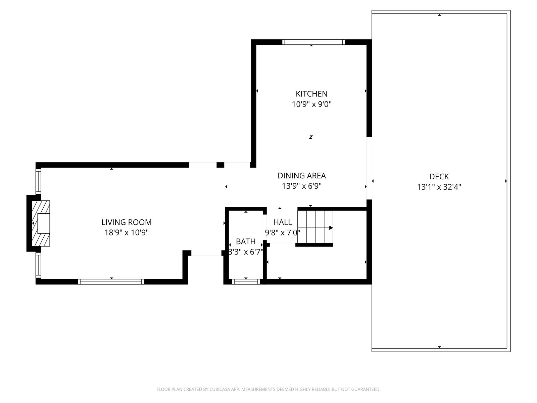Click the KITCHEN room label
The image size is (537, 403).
[x=311, y=94]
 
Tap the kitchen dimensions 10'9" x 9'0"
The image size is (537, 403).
[x=311, y=104]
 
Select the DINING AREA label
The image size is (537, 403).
[x=301, y=176]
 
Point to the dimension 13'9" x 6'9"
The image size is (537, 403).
[x=301, y=186]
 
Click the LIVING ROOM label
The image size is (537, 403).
[x=127, y=222]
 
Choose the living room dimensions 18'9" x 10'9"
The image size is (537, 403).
[x=127, y=232]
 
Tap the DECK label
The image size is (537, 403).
[x=439, y=177]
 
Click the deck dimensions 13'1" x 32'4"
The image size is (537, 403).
[x=439, y=187]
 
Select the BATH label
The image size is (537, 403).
[x=246, y=241]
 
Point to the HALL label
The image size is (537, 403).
[x=283, y=222]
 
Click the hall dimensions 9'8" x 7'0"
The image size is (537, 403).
[x=283, y=232]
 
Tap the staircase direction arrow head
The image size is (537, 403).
[x=331, y=228]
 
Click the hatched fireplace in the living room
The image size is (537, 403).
[x=41, y=223]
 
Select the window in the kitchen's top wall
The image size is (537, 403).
[x=313, y=42]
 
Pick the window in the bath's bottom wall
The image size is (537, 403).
[x=246, y=282]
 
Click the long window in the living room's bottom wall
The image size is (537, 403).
[x=111, y=282]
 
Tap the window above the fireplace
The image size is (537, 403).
[x=38, y=182]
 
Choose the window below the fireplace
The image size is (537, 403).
[x=38, y=265]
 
